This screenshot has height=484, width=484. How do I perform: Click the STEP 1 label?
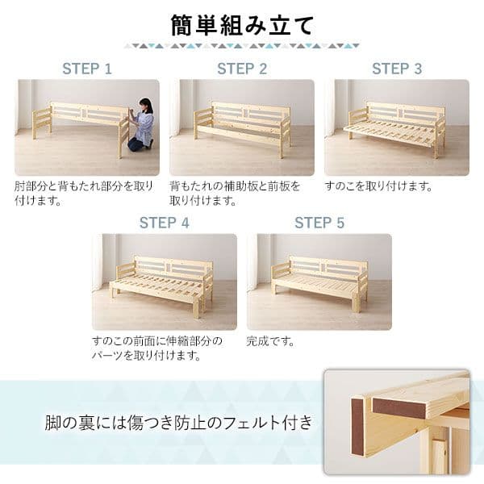[86, 69]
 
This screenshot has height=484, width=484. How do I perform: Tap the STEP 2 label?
[241, 69]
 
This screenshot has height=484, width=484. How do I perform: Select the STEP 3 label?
[396, 69]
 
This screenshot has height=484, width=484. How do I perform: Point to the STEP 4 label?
[164, 223]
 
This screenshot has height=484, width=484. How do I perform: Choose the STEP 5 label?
[319, 223]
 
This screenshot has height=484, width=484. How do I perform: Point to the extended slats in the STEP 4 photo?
[153, 286]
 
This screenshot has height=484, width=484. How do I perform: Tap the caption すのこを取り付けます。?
[378, 186]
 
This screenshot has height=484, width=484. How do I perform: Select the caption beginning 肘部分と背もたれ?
[83, 193]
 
